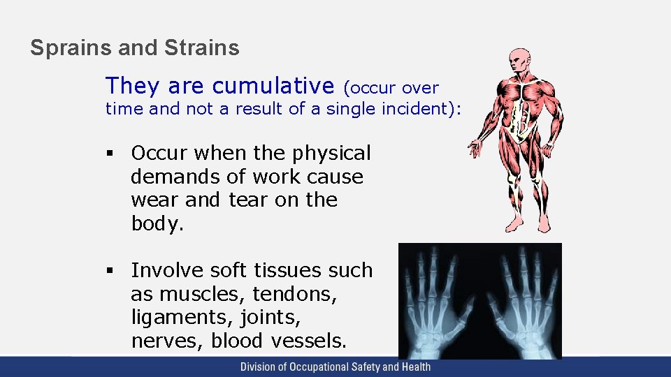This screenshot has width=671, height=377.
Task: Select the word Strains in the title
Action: (x=202, y=48)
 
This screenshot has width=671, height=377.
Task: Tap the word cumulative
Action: (x=273, y=86)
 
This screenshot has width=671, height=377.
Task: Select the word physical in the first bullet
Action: (x=331, y=154)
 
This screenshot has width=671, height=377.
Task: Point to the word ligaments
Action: (x=172, y=318)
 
